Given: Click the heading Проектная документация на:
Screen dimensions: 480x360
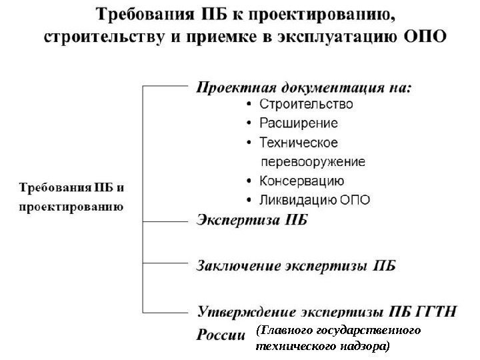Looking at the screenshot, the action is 303,87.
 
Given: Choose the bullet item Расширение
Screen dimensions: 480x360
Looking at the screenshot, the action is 298,123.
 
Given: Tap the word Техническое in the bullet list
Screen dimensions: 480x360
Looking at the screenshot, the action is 298,143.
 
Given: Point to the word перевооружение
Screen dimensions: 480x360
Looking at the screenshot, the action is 312,161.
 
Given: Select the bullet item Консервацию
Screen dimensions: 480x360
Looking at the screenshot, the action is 301,181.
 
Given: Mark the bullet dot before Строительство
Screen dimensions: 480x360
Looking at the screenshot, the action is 249,105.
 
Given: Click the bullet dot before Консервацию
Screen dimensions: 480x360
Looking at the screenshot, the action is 249,181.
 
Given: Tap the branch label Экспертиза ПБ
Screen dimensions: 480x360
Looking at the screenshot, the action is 251,221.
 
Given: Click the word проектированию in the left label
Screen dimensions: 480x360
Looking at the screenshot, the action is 71,207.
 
